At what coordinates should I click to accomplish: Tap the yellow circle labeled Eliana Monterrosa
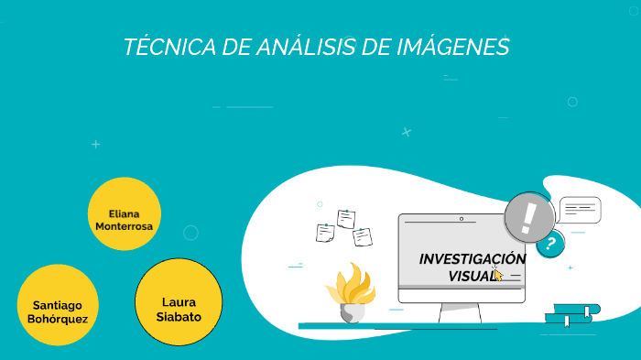click(125, 214)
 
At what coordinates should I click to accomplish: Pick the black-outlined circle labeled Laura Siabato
click(179, 301)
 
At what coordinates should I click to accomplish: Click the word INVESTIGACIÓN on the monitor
click(472, 258)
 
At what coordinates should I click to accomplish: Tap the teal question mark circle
click(550, 244)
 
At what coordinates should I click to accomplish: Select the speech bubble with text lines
click(580, 210)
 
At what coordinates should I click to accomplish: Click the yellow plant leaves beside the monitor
click(350, 284)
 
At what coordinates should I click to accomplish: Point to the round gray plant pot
click(352, 312)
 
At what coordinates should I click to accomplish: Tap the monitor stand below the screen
click(461, 314)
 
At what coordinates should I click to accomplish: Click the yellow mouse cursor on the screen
click(498, 274)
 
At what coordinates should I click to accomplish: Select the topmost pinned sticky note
click(346, 219)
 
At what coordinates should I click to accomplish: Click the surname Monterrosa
click(125, 225)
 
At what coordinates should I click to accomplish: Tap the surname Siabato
click(179, 317)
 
